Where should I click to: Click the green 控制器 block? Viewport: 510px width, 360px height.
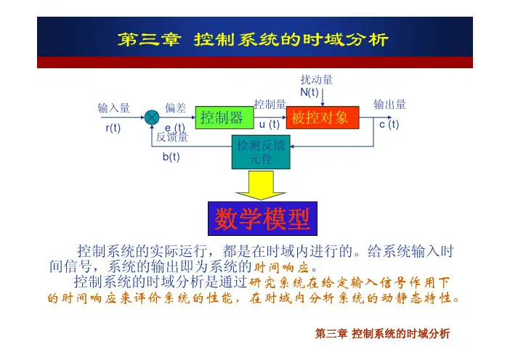click(x=221, y=118)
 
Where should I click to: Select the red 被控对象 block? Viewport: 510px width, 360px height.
click(x=322, y=118)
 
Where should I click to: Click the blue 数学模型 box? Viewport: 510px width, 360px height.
click(x=260, y=217)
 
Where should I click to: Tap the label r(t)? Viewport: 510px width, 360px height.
click(x=112, y=128)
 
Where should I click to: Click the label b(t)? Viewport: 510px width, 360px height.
click(x=171, y=157)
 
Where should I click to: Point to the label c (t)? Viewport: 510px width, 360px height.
click(x=389, y=125)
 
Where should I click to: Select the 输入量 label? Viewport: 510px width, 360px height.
click(x=114, y=108)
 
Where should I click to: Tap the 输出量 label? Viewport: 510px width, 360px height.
click(x=389, y=105)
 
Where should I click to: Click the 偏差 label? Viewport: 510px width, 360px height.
click(x=175, y=108)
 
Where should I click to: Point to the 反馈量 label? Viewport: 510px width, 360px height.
click(x=172, y=136)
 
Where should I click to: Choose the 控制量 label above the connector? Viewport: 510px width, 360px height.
click(x=270, y=106)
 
